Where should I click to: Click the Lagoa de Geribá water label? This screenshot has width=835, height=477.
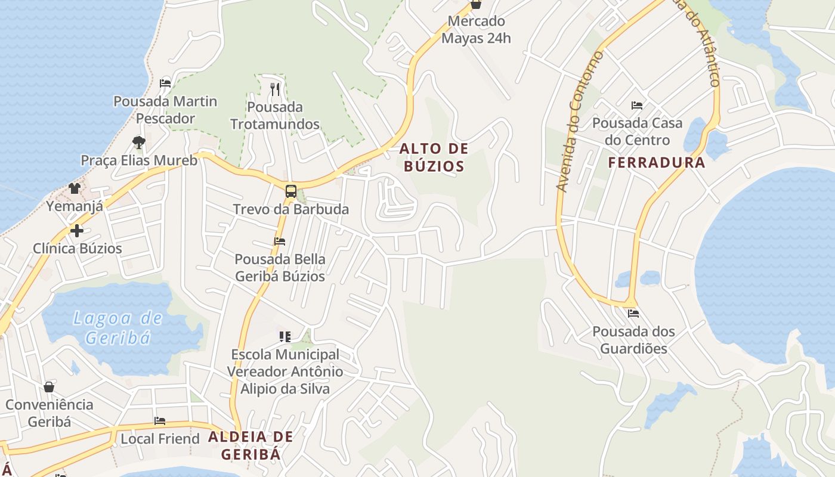pyautogui.click(x=117, y=328)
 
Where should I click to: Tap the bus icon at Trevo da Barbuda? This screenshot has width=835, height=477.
pyautogui.click(x=290, y=191)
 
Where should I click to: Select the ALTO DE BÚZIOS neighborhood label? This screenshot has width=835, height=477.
pyautogui.click(x=434, y=157)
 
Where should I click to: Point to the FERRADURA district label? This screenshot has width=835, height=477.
pyautogui.click(x=657, y=162)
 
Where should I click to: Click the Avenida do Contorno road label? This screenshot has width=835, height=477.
pyautogui.click(x=579, y=122)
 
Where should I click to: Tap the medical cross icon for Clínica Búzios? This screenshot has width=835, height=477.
pyautogui.click(x=77, y=231)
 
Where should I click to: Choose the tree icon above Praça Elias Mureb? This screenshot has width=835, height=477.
pyautogui.click(x=139, y=142)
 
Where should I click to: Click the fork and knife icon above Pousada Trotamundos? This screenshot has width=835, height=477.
pyautogui.click(x=275, y=89)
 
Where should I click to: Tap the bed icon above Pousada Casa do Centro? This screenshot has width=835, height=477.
pyautogui.click(x=637, y=106)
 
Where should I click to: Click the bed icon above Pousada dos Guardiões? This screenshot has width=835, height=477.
pyautogui.click(x=633, y=313)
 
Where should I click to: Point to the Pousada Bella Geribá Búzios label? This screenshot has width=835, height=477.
pyautogui.click(x=280, y=268)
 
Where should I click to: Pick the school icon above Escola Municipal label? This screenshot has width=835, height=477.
pyautogui.click(x=285, y=337)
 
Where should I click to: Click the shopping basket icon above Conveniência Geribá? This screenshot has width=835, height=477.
pyautogui.click(x=49, y=387)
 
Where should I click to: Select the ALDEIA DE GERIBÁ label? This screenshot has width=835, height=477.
pyautogui.click(x=250, y=445)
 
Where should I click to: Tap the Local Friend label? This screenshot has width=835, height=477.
pyautogui.click(x=160, y=439)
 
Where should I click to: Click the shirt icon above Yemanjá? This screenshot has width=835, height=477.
pyautogui.click(x=74, y=188)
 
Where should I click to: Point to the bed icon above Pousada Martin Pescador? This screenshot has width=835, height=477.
pyautogui.click(x=165, y=83)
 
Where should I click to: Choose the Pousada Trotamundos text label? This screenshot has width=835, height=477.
pyautogui.click(x=275, y=116)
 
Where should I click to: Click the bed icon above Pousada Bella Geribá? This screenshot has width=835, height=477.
pyautogui.click(x=280, y=241)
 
